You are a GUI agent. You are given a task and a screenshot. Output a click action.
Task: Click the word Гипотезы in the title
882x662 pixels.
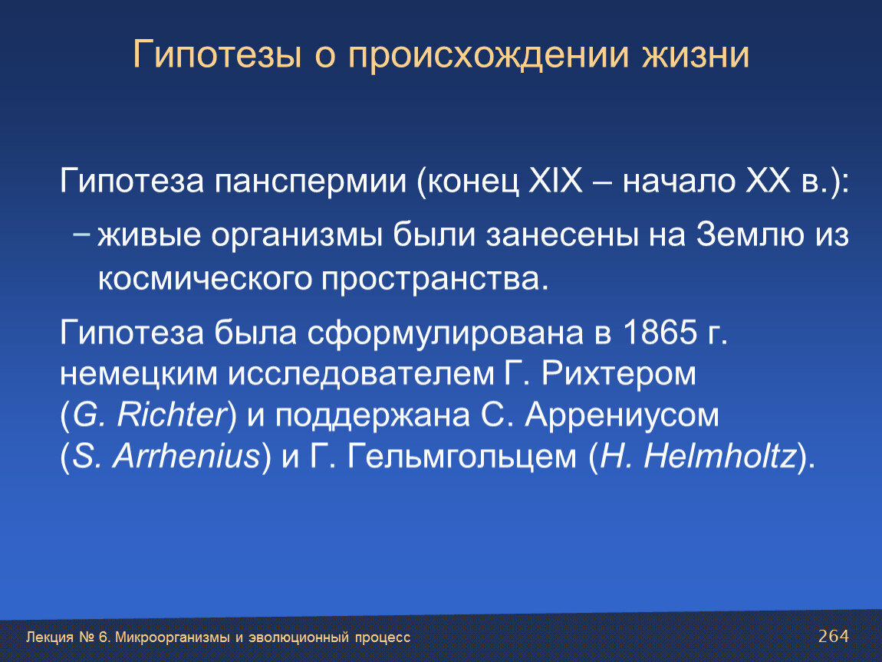[x=217, y=54]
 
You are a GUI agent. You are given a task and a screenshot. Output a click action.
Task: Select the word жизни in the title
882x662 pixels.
[x=696, y=55]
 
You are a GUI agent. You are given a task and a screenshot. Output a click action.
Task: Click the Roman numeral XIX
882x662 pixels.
[x=555, y=180]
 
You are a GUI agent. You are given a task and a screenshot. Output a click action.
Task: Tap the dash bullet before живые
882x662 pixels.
[x=81, y=234]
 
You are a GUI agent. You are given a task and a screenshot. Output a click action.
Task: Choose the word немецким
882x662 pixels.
[x=138, y=374]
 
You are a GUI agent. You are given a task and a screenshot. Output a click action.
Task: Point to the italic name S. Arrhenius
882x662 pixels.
[x=167, y=456]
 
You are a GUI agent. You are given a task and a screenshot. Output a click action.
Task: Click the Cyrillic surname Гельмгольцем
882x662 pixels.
[x=462, y=457]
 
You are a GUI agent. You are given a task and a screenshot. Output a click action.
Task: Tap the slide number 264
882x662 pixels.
[x=834, y=636]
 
